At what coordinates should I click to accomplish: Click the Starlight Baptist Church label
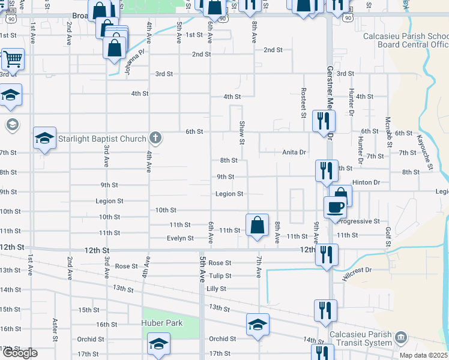coord(102,139)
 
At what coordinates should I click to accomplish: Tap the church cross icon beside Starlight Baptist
coord(155,139)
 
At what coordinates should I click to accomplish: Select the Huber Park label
coord(161,323)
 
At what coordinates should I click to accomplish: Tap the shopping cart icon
coord(13,59)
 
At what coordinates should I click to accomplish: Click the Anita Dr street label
coord(295,152)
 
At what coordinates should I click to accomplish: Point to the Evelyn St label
coord(180,238)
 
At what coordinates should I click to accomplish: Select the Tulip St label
coord(220,276)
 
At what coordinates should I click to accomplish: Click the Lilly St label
coord(216,289)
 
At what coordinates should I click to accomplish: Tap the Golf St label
coord(388,236)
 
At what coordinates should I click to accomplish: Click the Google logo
coord(20,353)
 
